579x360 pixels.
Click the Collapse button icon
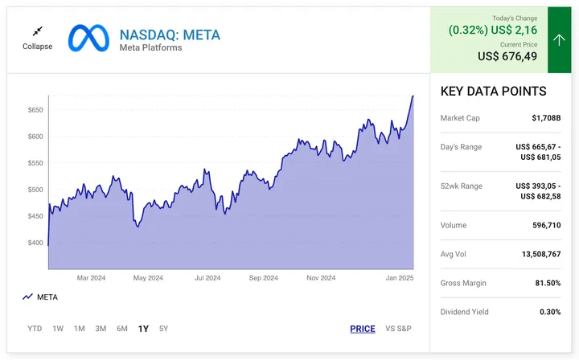(37, 31)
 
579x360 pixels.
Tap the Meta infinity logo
(88, 39)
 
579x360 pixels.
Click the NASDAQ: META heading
(169, 35)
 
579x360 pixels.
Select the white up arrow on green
(559, 40)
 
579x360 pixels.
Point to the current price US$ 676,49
(510, 56)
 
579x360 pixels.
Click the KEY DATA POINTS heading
(493, 92)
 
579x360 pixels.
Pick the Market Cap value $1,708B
(546, 118)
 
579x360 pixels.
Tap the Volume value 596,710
(544, 225)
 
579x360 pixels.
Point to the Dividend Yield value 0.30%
(550, 312)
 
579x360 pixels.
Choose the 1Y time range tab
(143, 329)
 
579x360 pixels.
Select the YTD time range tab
(35, 329)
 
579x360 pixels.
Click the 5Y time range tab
(164, 329)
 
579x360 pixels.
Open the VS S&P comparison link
(398, 329)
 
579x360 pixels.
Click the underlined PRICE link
(363, 329)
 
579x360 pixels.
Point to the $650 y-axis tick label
(35, 109)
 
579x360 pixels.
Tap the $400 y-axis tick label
(35, 243)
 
